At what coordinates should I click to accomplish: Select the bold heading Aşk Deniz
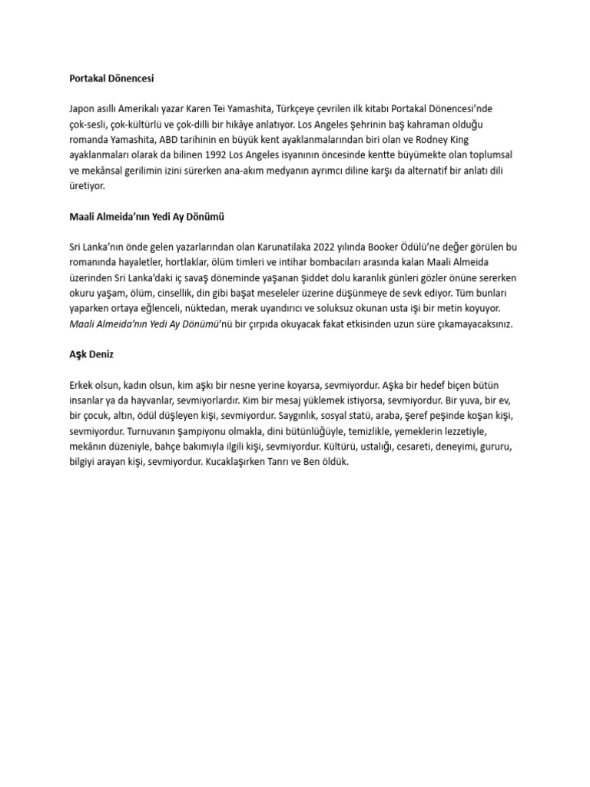tap(92, 355)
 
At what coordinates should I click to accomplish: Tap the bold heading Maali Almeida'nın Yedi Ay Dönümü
tap(146, 217)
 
